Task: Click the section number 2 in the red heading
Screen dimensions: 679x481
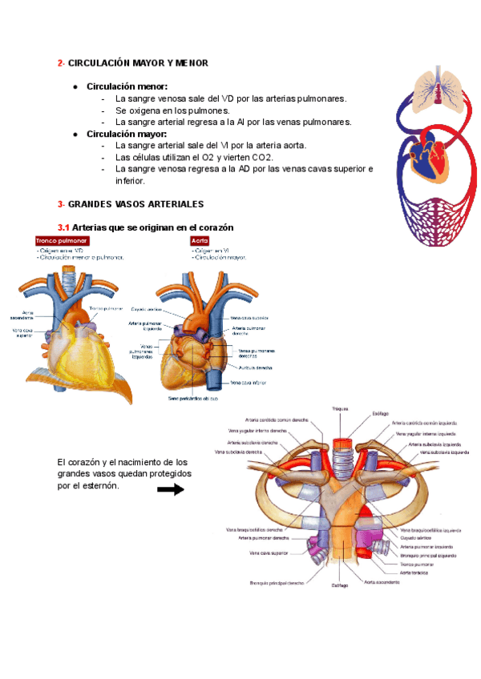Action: pyautogui.click(x=60, y=63)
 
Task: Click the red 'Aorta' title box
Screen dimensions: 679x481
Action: pyautogui.click(x=200, y=240)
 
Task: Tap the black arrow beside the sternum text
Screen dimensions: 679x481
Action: pyautogui.click(x=171, y=490)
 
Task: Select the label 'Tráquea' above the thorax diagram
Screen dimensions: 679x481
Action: pyautogui.click(x=341, y=408)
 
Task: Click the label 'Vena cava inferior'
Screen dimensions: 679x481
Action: pyautogui.click(x=250, y=383)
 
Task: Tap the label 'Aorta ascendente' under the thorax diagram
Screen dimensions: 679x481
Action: pyautogui.click(x=381, y=582)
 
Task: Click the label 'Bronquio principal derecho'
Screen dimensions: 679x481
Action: pyautogui.click(x=277, y=582)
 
